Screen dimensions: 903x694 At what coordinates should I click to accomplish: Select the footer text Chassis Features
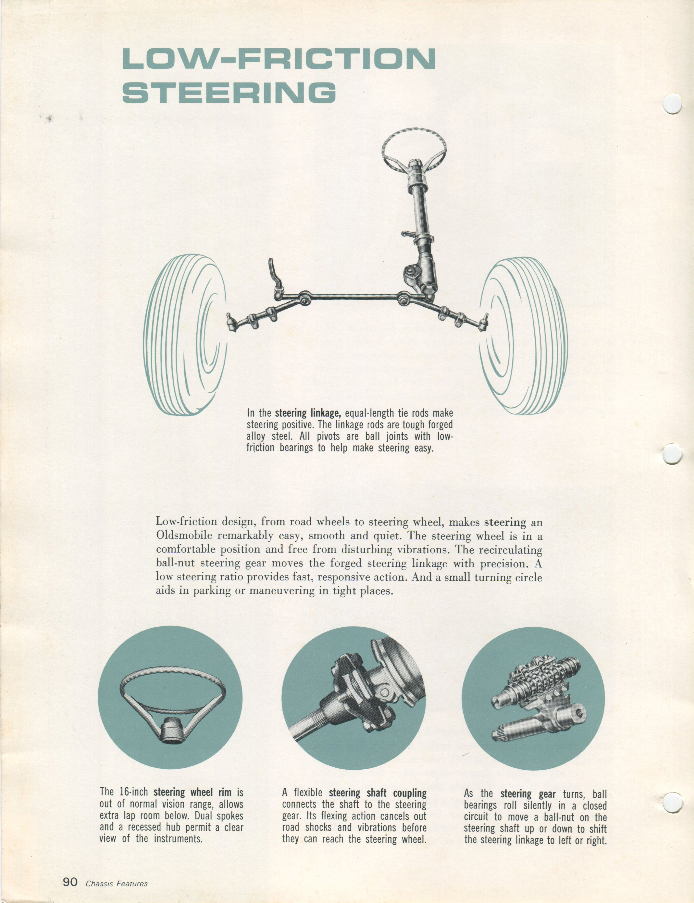point(117,881)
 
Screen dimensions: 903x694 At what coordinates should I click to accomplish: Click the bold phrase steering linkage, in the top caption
point(308,413)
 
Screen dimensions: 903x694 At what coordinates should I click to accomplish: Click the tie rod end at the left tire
point(232,321)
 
